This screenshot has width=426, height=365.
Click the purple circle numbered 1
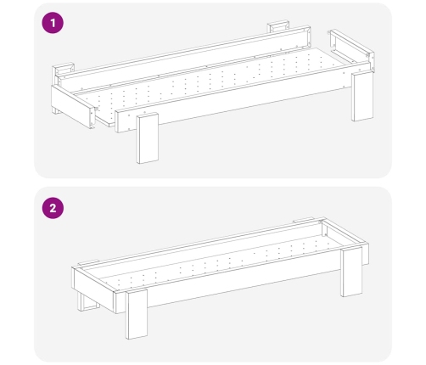[53, 23]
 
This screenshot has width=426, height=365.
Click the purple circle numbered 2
[53, 208]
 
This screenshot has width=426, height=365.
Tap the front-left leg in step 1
[148, 138]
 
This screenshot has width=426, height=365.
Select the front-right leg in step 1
[362, 96]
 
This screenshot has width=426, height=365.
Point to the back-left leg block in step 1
[64, 70]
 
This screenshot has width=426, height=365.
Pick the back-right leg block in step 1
[278, 26]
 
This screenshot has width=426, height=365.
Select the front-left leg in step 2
[137, 314]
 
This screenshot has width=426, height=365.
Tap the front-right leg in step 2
[351, 272]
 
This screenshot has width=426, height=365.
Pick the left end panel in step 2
[94, 289]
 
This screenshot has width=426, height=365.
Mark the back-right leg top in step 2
[304, 220]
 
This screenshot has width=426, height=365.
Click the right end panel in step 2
[346, 239]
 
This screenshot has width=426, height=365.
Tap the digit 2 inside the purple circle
[53, 208]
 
